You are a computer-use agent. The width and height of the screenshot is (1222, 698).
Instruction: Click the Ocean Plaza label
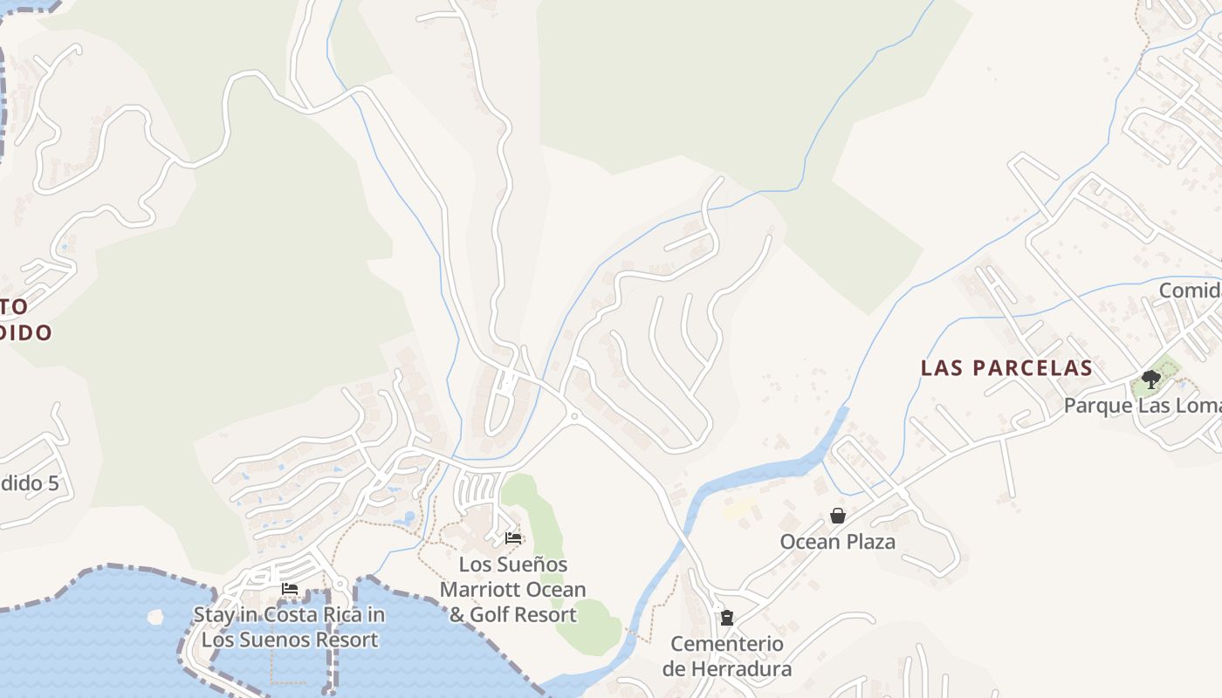pos(837,542)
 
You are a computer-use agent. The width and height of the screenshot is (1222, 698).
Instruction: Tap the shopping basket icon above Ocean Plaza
pos(838,516)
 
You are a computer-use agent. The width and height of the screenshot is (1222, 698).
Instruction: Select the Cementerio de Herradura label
pos(726,656)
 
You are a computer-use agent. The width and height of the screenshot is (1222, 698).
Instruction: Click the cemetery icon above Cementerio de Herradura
pos(726,618)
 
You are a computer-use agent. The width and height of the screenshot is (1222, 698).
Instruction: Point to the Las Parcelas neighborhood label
pos(1006,368)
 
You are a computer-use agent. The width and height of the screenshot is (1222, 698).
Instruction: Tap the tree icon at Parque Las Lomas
pos(1151,380)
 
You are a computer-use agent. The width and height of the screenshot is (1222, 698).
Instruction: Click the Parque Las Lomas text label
pos(1142,406)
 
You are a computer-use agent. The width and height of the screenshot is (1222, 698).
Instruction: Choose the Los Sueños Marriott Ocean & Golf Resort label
pos(513,590)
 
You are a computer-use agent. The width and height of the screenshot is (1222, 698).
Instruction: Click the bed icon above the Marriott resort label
pos(513,538)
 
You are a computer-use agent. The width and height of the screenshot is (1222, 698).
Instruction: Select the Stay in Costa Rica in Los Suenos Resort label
pos(289,626)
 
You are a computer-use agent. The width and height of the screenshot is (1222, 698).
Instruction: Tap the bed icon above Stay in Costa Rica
pos(290,589)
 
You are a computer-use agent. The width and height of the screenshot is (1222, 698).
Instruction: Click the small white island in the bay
pos(155,617)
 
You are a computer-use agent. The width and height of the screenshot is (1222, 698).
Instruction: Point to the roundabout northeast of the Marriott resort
pos(573,417)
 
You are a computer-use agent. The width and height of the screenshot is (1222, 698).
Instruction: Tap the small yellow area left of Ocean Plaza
pos(738,509)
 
